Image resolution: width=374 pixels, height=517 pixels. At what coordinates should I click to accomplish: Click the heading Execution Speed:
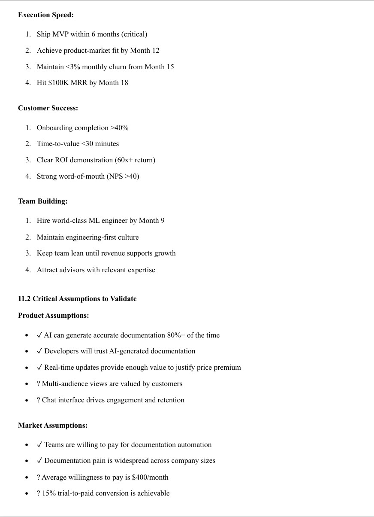click(x=46, y=15)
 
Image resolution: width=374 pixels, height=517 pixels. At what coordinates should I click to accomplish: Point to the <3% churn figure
click(x=72, y=67)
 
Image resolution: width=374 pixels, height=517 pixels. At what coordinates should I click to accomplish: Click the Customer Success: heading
click(x=48, y=108)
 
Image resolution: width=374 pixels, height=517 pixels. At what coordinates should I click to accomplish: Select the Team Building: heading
click(x=43, y=201)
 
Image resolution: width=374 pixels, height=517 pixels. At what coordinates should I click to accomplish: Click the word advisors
click(x=76, y=270)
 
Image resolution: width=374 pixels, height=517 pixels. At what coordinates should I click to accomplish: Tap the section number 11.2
click(x=24, y=299)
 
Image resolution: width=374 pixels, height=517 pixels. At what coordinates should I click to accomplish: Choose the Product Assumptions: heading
click(x=54, y=316)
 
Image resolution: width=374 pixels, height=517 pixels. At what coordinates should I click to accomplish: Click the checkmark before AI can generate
click(x=39, y=335)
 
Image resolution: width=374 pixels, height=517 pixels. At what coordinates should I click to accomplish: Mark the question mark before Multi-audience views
click(x=39, y=384)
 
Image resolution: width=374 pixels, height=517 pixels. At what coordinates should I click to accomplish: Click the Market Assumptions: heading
click(x=53, y=426)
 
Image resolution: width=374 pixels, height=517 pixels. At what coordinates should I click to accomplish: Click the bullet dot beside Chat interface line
click(x=27, y=401)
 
